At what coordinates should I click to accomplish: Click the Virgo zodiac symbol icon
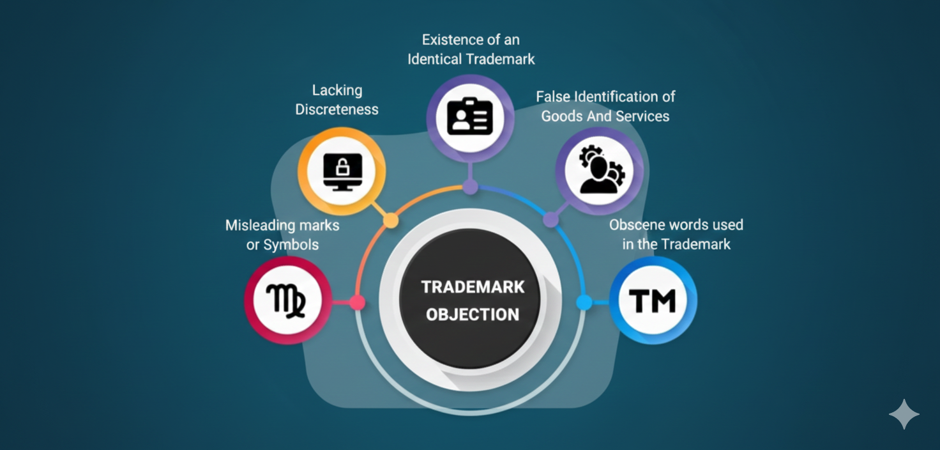[287, 300]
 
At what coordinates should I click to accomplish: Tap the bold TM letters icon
[653, 300]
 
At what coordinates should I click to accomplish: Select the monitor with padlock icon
[342, 171]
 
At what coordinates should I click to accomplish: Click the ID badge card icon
[470, 117]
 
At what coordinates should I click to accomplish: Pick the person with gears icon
[600, 170]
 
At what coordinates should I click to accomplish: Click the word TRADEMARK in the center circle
[473, 287]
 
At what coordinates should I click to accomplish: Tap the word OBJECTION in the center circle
[473, 314]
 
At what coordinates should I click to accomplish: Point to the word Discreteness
[337, 110]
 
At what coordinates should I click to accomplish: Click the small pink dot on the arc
[358, 302]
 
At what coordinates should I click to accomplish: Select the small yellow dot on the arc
[391, 221]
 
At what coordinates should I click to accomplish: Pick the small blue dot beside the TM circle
[584, 302]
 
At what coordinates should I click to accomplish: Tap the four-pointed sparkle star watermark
[904, 414]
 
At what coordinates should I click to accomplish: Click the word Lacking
[337, 91]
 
